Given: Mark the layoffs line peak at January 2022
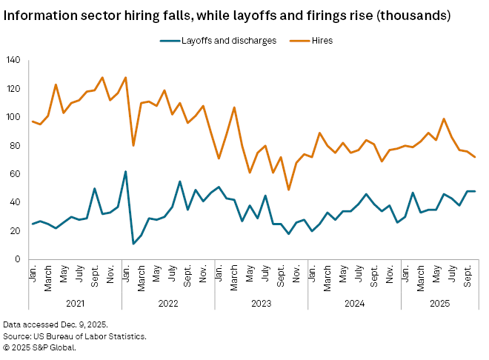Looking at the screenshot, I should pyautogui.click(x=125, y=171).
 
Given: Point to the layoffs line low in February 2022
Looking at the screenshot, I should pyautogui.click(x=133, y=244).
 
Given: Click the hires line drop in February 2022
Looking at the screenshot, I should pyautogui.click(x=133, y=145).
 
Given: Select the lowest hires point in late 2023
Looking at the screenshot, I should pyautogui.click(x=288, y=190).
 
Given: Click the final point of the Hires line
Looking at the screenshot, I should pyautogui.click(x=474, y=156).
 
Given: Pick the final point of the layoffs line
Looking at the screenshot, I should pyautogui.click(x=474, y=191).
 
